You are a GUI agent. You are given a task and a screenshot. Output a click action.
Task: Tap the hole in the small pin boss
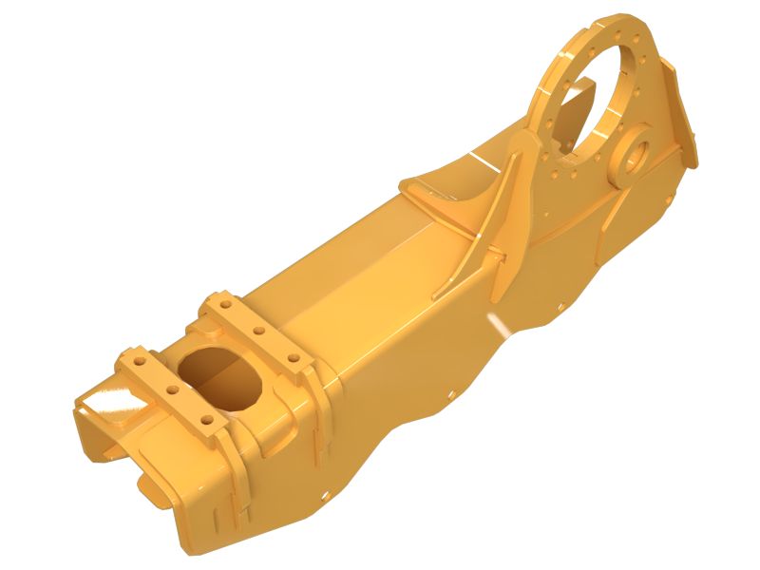pos(636,152)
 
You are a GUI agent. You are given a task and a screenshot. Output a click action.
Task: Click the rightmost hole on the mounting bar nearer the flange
pos(293,358)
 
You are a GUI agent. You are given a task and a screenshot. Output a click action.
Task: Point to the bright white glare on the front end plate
pos(112,396)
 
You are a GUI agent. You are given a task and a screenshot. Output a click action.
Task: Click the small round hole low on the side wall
pos(327,494)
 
